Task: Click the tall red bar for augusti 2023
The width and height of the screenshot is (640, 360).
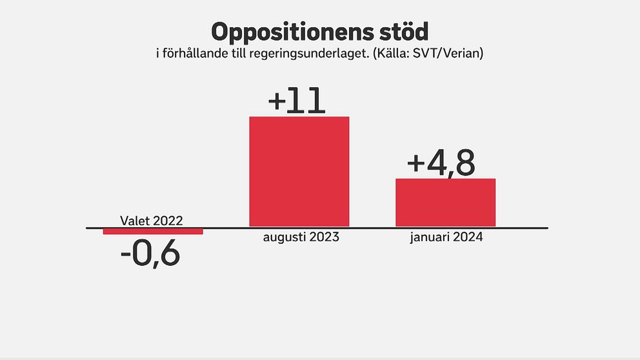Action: click(299, 172)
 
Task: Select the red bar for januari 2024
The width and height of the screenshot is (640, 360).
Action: click(445, 203)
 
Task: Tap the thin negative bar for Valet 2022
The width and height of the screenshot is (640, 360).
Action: click(153, 231)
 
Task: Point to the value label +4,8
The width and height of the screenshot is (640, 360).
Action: click(441, 163)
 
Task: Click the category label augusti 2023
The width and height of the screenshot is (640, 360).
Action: click(301, 237)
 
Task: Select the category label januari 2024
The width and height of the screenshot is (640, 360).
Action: click(446, 237)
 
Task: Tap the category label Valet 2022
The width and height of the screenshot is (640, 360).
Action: click(152, 221)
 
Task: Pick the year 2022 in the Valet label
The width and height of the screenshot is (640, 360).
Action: click(170, 221)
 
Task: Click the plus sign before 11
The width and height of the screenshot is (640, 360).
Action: click(276, 103)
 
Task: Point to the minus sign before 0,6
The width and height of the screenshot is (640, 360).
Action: click(126, 255)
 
